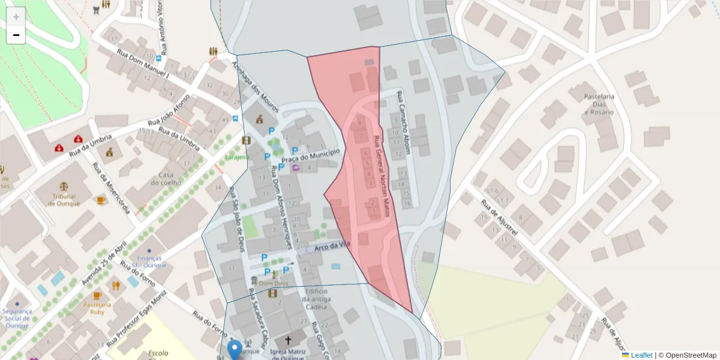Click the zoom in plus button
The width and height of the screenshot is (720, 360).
point(16,16)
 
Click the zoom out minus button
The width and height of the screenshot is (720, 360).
point(16,35)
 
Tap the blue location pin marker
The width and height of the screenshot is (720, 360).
point(235,349)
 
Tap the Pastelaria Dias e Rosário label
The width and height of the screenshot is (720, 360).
point(599,104)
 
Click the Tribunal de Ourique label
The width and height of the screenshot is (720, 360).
point(64,200)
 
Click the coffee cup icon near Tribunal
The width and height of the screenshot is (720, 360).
point(100,199)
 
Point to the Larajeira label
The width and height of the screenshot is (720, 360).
point(237,157)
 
